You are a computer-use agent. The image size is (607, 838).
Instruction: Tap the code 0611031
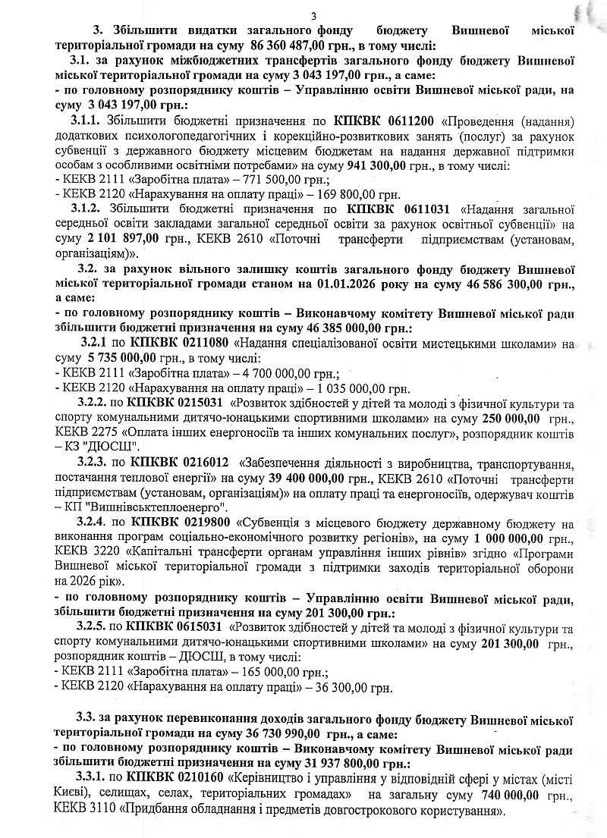pos(410,208)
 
